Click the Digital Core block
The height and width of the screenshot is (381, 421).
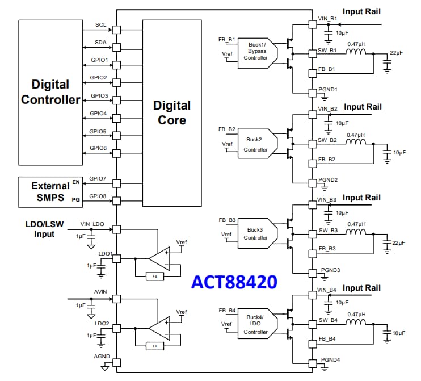[172, 112]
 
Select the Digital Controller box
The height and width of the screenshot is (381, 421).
[50, 92]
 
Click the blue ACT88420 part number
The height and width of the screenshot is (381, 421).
[234, 282]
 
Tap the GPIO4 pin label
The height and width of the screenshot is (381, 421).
[98, 114]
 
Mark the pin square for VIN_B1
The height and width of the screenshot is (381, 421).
[312, 24]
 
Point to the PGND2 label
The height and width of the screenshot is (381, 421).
[328, 180]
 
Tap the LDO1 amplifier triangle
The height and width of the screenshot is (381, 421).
[159, 258]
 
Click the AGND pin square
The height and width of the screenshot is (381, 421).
[117, 362]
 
